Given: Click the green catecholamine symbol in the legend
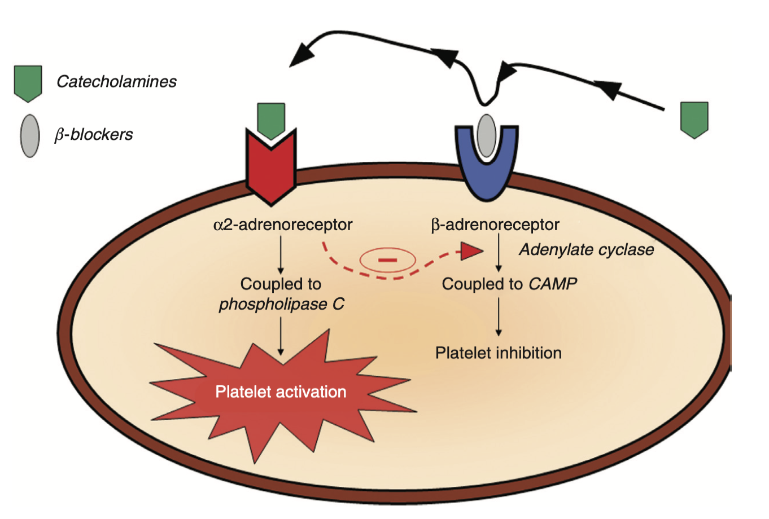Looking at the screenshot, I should click(x=28, y=83).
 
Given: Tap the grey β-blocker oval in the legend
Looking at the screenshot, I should click(x=30, y=135).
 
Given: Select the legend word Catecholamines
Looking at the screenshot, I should click(x=116, y=82).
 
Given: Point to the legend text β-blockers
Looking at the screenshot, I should click(x=94, y=135).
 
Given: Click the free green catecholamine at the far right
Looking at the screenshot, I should click(x=694, y=119).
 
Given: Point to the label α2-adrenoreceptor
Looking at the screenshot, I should click(x=283, y=225).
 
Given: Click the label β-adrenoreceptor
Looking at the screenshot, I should click(x=495, y=225).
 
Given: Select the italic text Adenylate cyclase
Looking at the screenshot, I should click(x=587, y=250).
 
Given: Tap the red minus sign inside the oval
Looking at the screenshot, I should click(x=388, y=260).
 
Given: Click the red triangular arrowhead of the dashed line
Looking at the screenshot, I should click(x=471, y=251).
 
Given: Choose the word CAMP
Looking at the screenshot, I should click(x=553, y=284).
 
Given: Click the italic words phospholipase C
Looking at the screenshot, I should click(x=281, y=304).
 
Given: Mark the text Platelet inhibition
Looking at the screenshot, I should click(x=499, y=353).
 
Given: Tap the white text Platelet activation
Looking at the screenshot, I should click(x=281, y=392).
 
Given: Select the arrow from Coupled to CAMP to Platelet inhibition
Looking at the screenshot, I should click(x=499, y=316).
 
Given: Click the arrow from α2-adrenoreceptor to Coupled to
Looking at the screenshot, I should click(x=281, y=255).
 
